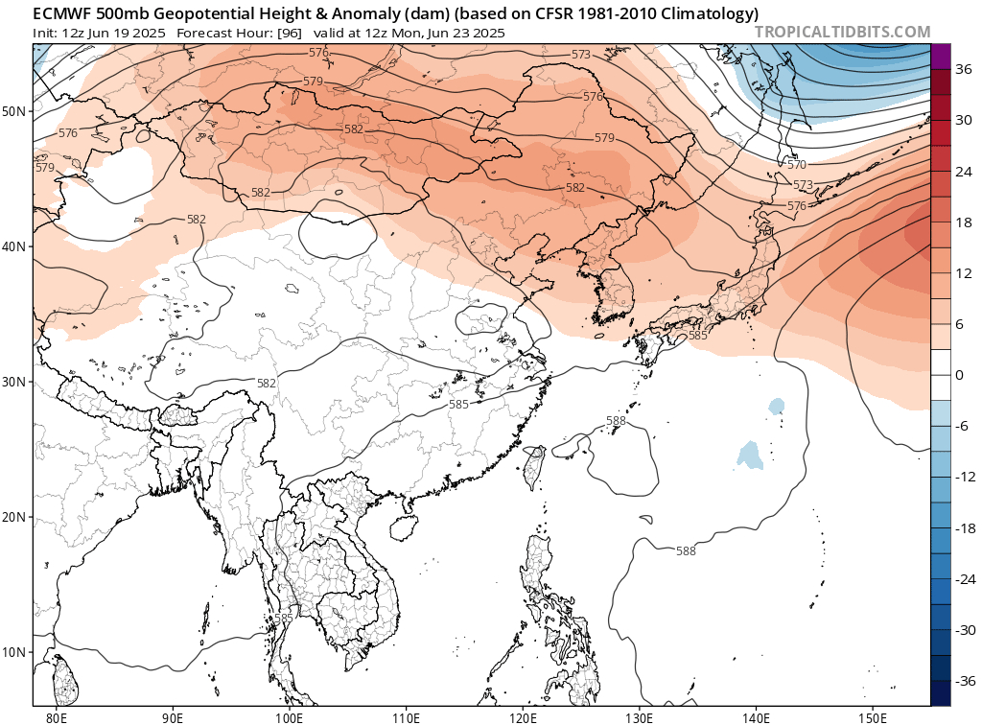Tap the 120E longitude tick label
click(x=523, y=715)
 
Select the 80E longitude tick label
click(x=57, y=715)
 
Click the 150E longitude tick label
click(x=873, y=715)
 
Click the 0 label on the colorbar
click(x=960, y=375)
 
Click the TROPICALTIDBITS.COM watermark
click(x=842, y=32)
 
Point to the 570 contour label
click(x=797, y=165)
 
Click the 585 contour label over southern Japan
click(x=697, y=335)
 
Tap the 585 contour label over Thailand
click(x=283, y=618)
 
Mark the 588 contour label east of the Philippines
click(x=686, y=550)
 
